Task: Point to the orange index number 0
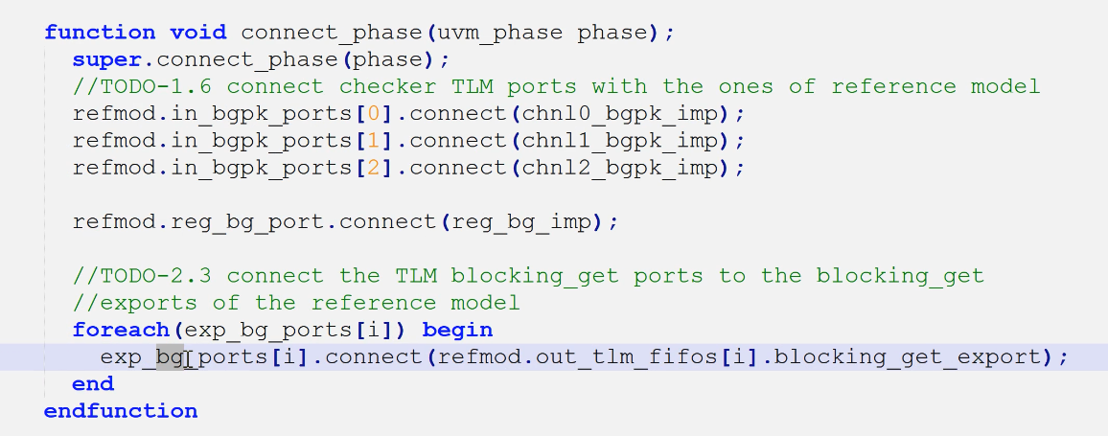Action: point(373,114)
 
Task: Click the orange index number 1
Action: point(373,141)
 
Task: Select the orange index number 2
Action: point(373,168)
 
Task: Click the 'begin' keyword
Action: point(457,331)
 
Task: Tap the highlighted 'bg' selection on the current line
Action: point(170,357)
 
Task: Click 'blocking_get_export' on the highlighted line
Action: point(905,357)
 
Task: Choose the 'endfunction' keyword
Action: point(121,411)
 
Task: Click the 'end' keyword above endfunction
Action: point(93,384)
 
